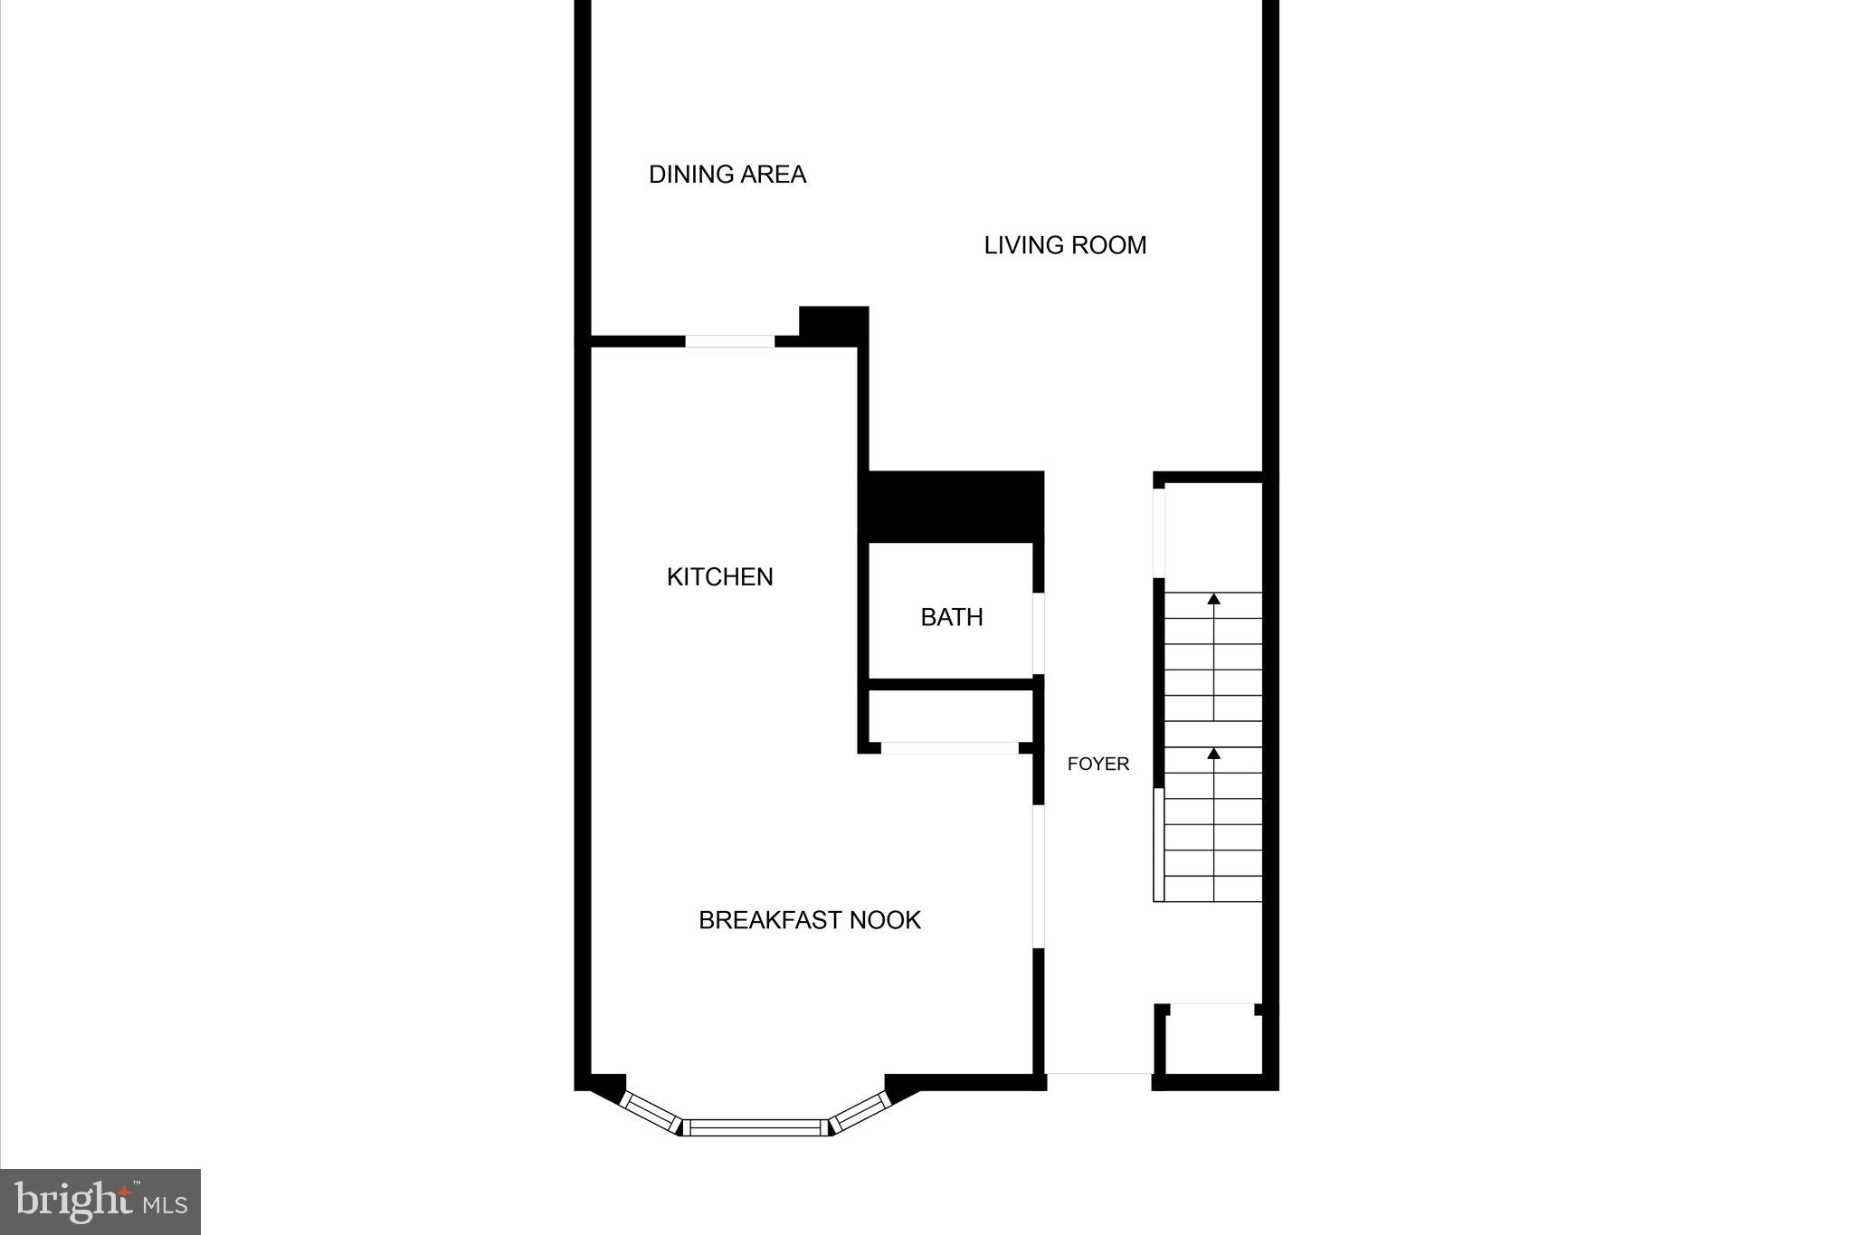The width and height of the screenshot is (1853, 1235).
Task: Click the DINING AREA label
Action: tap(727, 174)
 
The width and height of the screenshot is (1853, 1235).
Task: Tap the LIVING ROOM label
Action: tap(1065, 245)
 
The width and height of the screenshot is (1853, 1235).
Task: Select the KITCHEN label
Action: tap(719, 576)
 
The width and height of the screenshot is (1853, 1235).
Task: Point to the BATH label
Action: tap(952, 617)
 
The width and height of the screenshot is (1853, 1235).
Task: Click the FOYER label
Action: tap(1098, 764)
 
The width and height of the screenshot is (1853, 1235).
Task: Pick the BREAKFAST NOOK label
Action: tap(810, 920)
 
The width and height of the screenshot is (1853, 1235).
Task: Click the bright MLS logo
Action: tap(100, 1202)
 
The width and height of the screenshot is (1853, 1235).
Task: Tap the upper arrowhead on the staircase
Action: tap(1213, 599)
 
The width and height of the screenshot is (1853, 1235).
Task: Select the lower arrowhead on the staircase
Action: tap(1213, 753)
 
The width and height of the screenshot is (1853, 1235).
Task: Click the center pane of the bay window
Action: tap(755, 1127)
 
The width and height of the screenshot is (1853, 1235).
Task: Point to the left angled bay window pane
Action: tap(651, 1112)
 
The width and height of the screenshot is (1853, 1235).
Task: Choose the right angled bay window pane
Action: tap(860, 1112)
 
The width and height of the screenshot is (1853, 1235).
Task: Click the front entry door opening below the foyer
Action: tap(1098, 1075)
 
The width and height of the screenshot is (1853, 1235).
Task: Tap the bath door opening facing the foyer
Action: tap(1039, 633)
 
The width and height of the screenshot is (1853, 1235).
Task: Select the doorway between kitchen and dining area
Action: tap(729, 341)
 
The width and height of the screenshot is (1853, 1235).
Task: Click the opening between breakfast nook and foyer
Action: tap(1039, 876)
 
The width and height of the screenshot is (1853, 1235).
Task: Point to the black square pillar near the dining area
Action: tap(833, 325)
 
